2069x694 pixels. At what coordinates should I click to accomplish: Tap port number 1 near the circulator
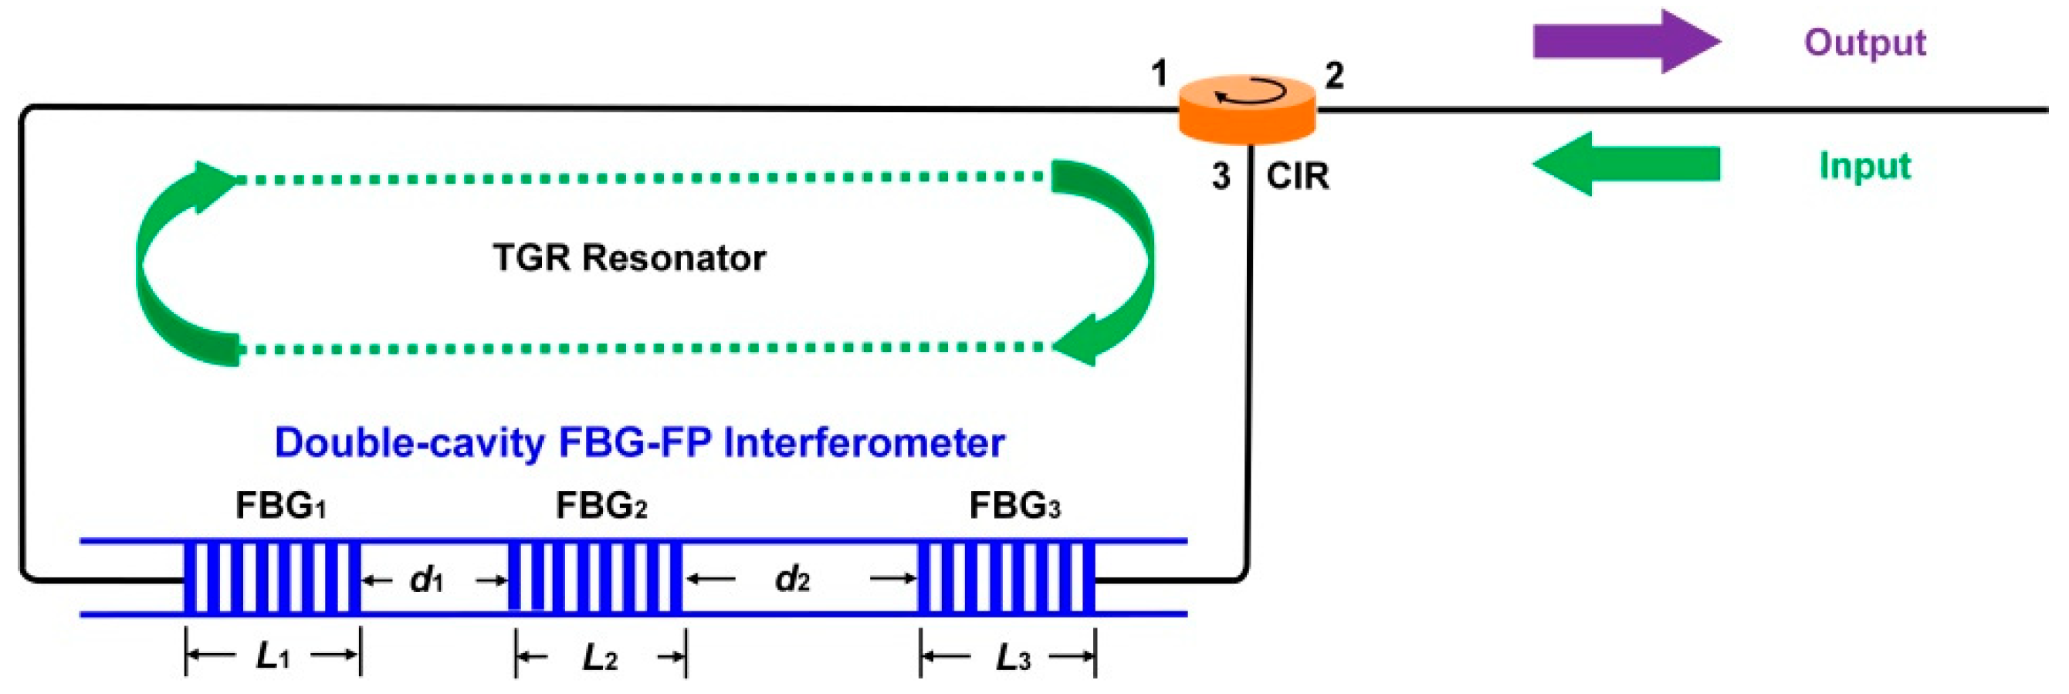(1158, 74)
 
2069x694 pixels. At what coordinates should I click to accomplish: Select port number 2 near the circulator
(1333, 76)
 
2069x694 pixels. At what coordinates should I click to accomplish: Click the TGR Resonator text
(629, 259)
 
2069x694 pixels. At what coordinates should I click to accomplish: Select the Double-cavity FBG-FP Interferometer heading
(639, 442)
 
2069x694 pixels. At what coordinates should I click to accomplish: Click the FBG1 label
(279, 506)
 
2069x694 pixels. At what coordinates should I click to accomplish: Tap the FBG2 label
(601, 506)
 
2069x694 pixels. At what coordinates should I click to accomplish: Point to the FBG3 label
(1014, 506)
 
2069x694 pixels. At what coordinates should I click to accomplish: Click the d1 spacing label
(425, 579)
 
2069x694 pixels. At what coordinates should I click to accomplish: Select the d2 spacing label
(791, 579)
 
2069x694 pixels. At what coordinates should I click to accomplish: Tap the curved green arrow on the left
(173, 265)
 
